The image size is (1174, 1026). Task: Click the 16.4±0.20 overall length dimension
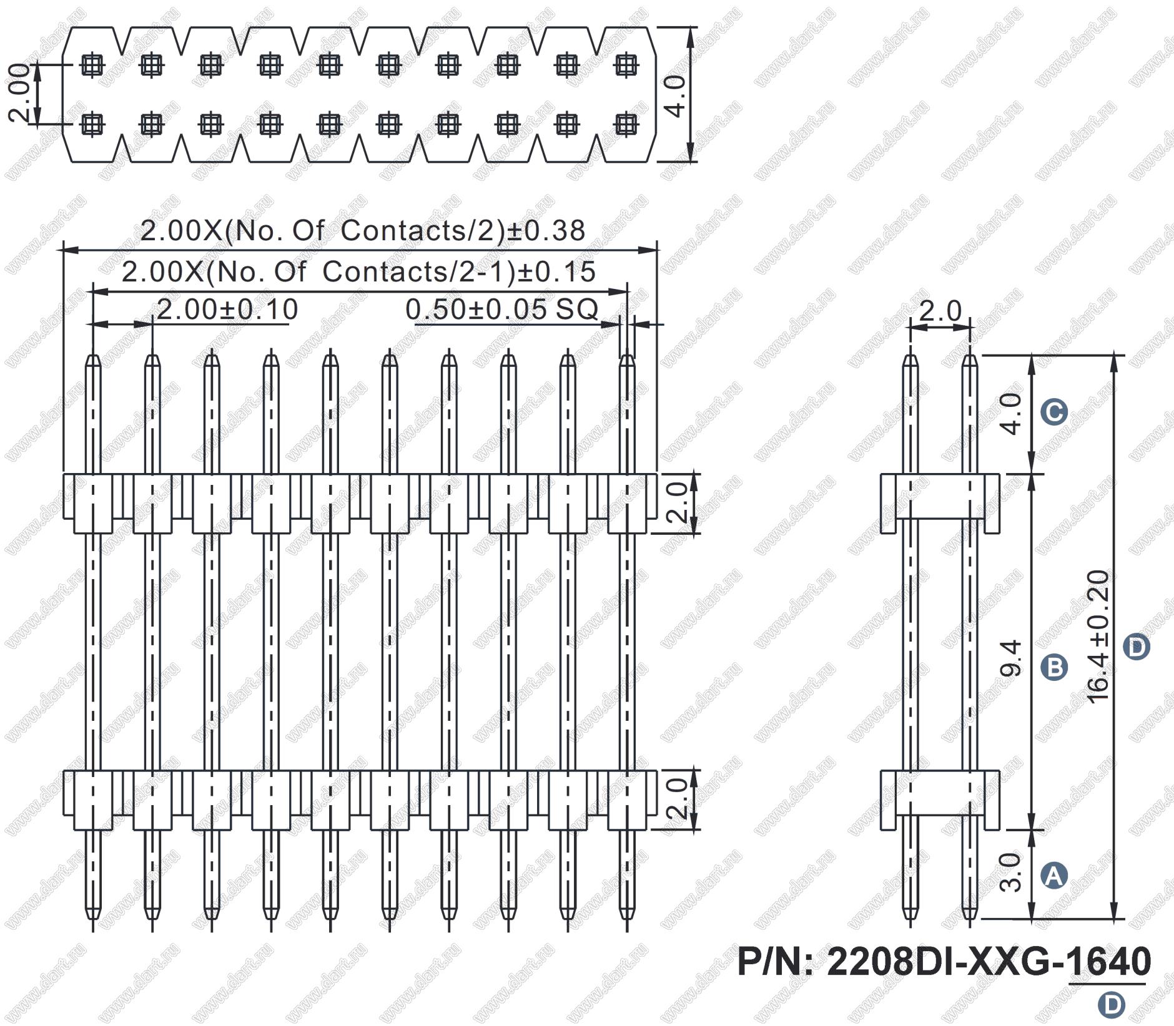1098,637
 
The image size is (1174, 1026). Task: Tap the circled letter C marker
1053,413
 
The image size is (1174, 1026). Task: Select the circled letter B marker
1054,667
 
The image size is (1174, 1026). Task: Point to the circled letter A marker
1054,876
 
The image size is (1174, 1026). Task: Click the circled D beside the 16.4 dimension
1136,647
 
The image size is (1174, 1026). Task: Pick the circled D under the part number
1111,1005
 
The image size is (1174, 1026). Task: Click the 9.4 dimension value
1011,658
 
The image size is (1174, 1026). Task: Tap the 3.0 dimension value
1010,872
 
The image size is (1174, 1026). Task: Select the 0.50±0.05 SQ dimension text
502,310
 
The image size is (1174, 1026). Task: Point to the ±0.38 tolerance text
546,231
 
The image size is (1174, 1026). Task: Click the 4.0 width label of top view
676,95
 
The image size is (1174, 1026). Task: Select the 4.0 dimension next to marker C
1011,414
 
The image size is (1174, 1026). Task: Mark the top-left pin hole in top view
92,65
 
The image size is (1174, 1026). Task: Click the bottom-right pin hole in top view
626,125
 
